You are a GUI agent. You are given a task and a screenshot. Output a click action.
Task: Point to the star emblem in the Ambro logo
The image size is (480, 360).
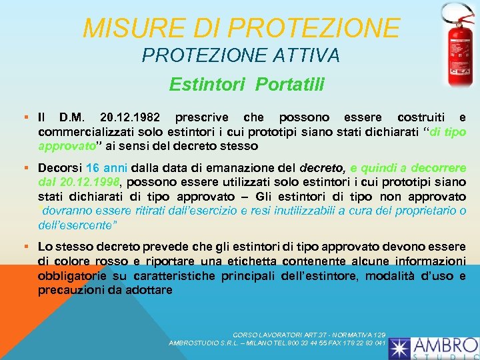(x=401, y=347)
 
